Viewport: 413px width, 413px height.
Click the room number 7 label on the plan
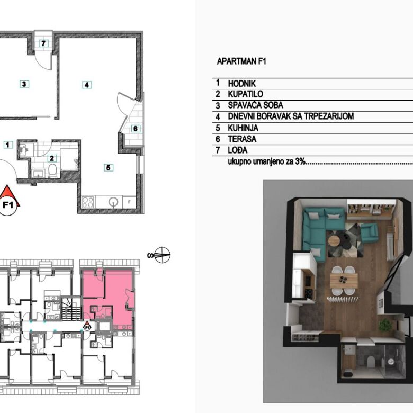click(x=44, y=43)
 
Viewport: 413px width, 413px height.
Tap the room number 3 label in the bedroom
click(x=24, y=84)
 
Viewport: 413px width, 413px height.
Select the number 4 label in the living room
click(x=87, y=85)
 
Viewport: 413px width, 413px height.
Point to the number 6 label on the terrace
click(x=136, y=129)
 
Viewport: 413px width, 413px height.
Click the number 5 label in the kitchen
click(x=108, y=167)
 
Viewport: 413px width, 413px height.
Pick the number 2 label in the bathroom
click(x=52, y=158)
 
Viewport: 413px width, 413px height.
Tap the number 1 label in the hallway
click(x=8, y=145)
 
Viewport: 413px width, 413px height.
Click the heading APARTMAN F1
click(x=241, y=61)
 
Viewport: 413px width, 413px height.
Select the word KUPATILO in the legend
click(x=245, y=94)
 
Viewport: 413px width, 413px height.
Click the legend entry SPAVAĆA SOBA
click(x=255, y=105)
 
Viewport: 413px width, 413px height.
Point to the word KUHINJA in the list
click(x=243, y=128)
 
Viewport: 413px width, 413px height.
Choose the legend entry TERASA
click(x=242, y=139)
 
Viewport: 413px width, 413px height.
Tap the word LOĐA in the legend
click(x=238, y=150)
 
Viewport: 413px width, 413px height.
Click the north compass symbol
click(x=161, y=255)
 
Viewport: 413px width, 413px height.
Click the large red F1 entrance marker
click(x=8, y=201)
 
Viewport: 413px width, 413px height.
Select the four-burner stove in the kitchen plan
click(x=88, y=202)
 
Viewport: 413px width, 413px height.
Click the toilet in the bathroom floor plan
click(x=52, y=170)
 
